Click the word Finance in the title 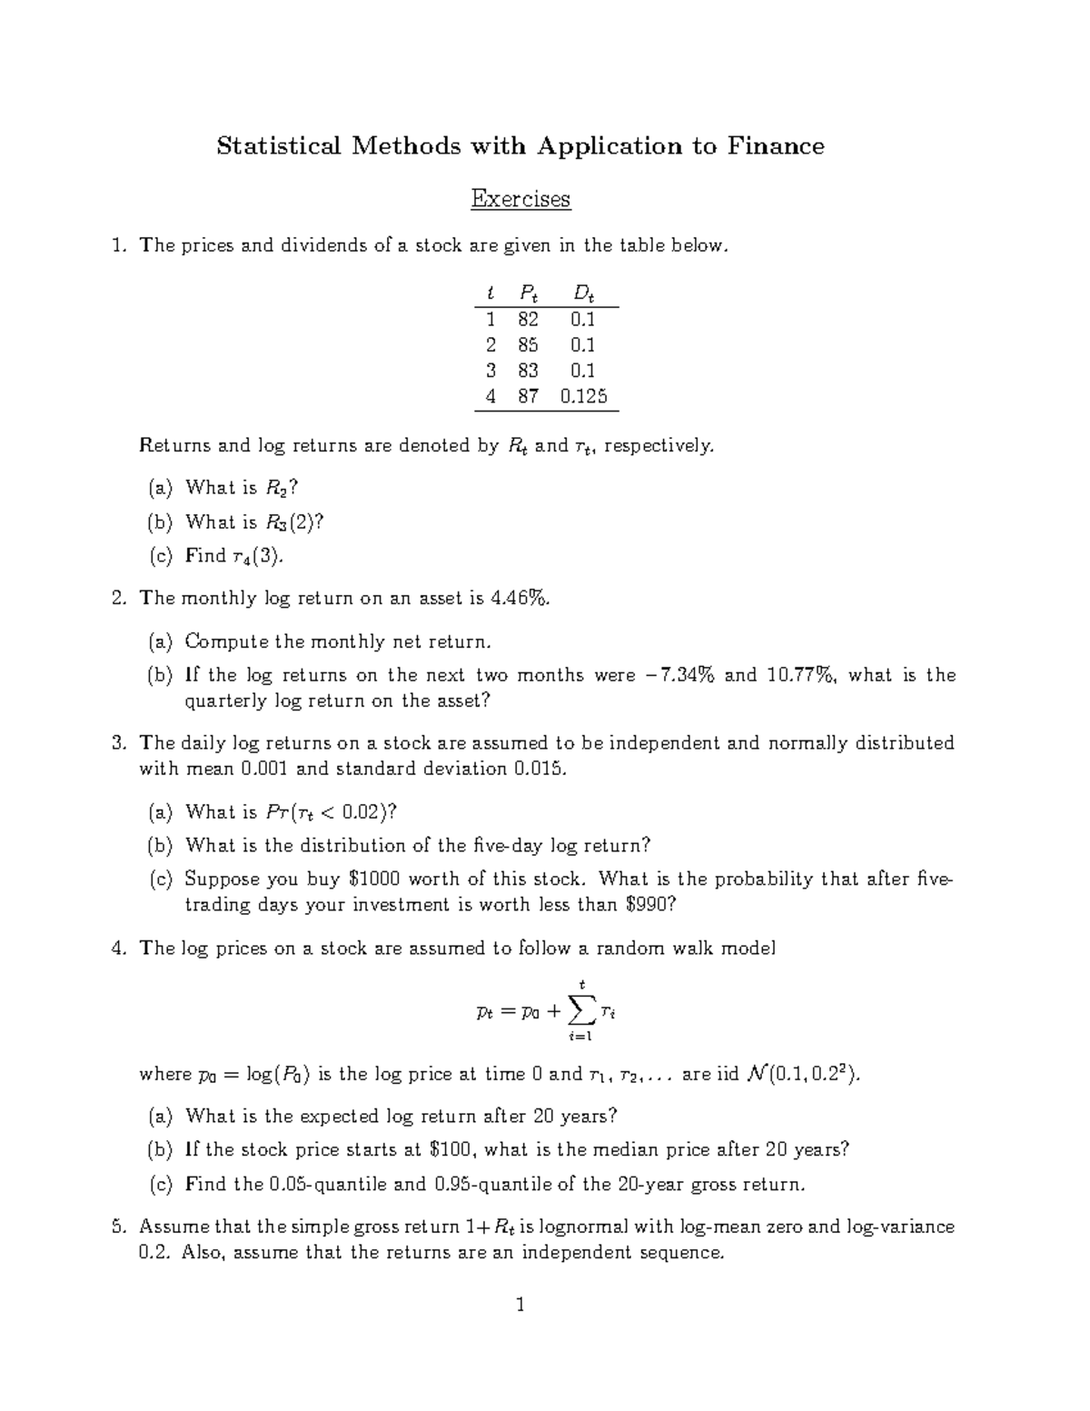coord(774,146)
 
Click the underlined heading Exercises coord(520,198)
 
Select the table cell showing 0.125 coord(583,396)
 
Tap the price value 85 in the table coord(528,345)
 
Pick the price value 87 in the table coord(528,396)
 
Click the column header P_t coord(528,293)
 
